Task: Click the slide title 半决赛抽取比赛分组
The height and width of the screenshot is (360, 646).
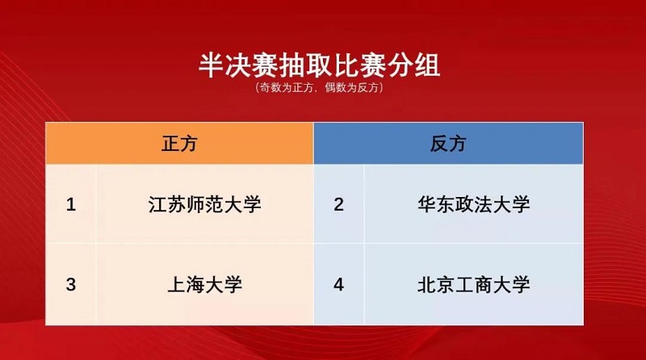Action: point(319,65)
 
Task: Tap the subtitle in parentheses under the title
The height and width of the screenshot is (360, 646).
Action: point(319,87)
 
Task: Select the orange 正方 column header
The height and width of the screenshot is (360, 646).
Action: point(179,144)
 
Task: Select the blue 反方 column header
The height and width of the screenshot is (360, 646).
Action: point(448,144)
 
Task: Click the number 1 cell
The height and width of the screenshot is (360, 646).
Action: point(71,204)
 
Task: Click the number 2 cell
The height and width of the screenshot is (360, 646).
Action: point(338,204)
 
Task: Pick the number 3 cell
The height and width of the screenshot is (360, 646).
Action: point(71,284)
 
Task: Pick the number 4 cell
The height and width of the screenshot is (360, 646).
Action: point(338,284)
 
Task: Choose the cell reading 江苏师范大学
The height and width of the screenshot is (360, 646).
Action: point(205,204)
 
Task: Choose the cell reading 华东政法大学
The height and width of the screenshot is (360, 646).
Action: point(474,204)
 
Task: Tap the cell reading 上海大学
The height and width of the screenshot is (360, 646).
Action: point(205,284)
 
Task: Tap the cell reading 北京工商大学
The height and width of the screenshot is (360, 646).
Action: point(474,284)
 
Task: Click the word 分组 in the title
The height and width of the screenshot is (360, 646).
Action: point(413,65)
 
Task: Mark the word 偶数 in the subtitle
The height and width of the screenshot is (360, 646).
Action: point(335,87)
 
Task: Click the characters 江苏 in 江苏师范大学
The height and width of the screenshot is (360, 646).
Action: point(166,204)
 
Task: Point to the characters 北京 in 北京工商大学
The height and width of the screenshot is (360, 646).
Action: point(436,285)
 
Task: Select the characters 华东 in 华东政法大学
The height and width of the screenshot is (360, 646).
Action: point(436,204)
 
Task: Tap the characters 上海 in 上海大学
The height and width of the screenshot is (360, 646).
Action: point(186,285)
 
